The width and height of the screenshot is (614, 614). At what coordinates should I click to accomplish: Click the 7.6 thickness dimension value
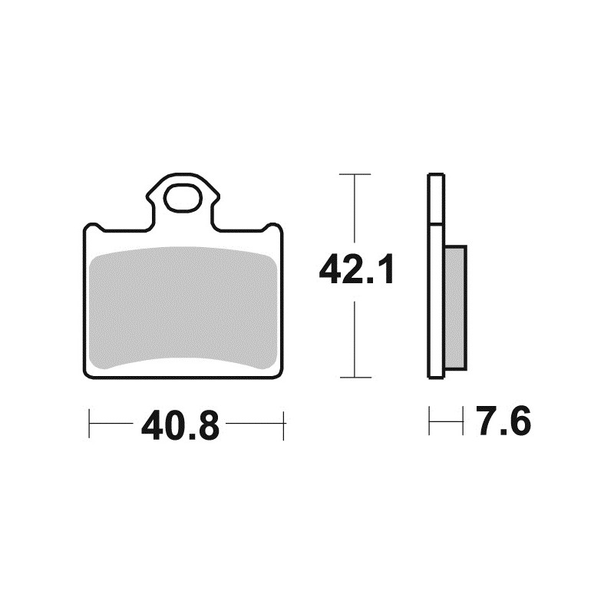click(x=503, y=423)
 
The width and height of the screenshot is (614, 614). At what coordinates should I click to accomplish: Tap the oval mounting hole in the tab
click(x=183, y=199)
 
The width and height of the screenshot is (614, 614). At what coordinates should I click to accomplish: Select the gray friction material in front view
click(x=183, y=307)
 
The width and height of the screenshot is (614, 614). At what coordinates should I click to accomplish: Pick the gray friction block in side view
click(x=454, y=307)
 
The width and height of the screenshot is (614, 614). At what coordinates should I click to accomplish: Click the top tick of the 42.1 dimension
click(x=355, y=176)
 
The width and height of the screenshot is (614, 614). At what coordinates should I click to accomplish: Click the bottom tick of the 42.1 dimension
click(x=355, y=377)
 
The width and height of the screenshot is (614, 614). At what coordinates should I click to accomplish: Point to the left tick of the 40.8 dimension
click(x=90, y=424)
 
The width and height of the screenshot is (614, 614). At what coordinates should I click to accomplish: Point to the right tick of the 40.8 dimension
click(x=284, y=424)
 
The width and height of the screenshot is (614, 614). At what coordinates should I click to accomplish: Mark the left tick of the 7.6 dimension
click(x=430, y=421)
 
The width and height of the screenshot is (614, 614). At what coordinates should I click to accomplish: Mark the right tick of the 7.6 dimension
click(x=464, y=421)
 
